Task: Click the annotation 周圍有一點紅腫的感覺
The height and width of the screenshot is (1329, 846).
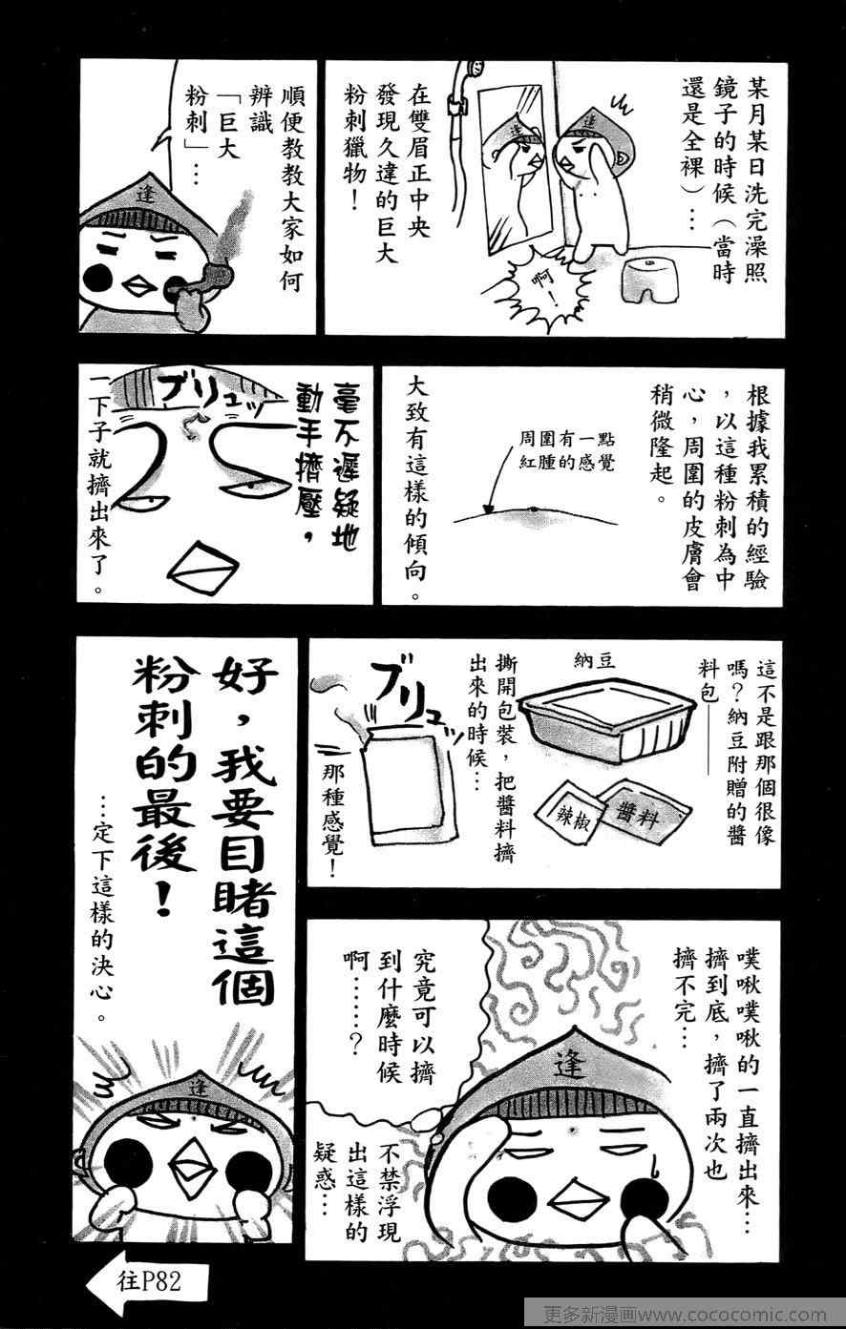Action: coord(567,451)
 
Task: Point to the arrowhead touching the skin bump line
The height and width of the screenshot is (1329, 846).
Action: coord(488,509)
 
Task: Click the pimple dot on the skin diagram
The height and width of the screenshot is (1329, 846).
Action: coord(533,508)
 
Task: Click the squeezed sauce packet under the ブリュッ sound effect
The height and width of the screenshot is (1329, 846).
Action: coord(403,783)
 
